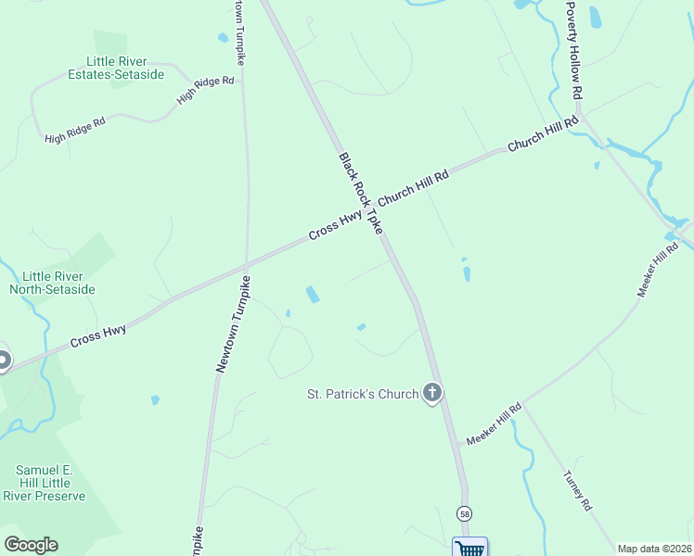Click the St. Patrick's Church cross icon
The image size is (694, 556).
pyautogui.click(x=432, y=393)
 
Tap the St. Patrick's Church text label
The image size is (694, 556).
pyautogui.click(x=363, y=394)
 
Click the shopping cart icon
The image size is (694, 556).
pyautogui.click(x=469, y=548)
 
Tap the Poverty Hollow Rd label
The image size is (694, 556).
pyautogui.click(x=575, y=50)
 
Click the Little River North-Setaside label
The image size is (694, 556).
pyautogui.click(x=52, y=283)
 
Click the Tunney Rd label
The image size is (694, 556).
pyautogui.click(x=576, y=491)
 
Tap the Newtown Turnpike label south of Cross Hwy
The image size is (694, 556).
pyautogui.click(x=234, y=324)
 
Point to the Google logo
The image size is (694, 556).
pyautogui.click(x=31, y=545)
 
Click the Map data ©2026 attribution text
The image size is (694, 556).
pyautogui.click(x=655, y=549)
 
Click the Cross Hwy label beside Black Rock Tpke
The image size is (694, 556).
pyautogui.click(x=335, y=223)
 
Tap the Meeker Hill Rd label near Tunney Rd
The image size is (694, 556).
pyautogui.click(x=495, y=425)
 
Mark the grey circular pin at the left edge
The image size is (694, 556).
pyautogui.click(x=3, y=360)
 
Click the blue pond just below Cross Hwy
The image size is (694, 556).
pyautogui.click(x=313, y=295)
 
